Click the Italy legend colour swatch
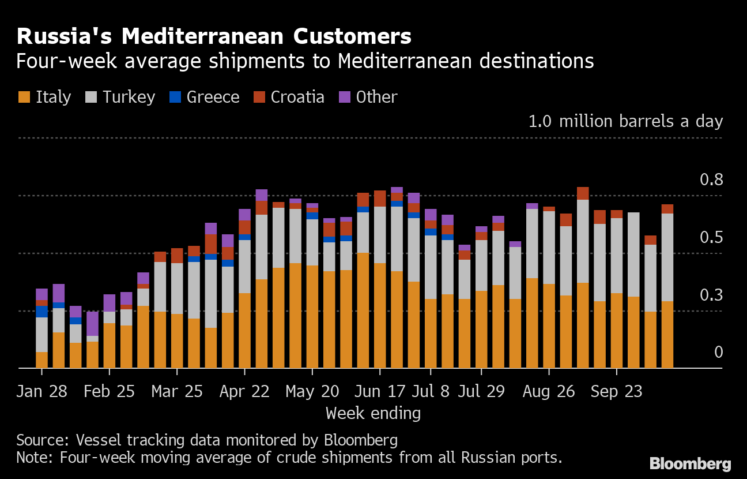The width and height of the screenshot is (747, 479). (x=24, y=97)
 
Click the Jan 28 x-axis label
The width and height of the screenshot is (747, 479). (x=41, y=391)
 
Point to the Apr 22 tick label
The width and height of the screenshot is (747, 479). (x=244, y=391)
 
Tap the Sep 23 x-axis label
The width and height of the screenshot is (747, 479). (x=616, y=391)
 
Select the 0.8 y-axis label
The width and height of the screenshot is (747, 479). (x=711, y=180)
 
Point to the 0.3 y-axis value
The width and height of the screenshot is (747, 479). (x=711, y=295)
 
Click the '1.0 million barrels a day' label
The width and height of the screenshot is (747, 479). (x=625, y=122)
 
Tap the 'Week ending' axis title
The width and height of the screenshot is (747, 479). (x=373, y=413)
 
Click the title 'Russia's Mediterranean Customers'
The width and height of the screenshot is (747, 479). (x=214, y=36)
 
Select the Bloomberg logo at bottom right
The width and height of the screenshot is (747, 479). (x=690, y=463)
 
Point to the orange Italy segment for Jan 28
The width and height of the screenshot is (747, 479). (x=41, y=360)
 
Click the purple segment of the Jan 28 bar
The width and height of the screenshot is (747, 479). (x=41, y=294)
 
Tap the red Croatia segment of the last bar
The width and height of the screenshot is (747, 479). (x=667, y=209)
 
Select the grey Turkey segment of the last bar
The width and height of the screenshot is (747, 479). (x=667, y=257)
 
